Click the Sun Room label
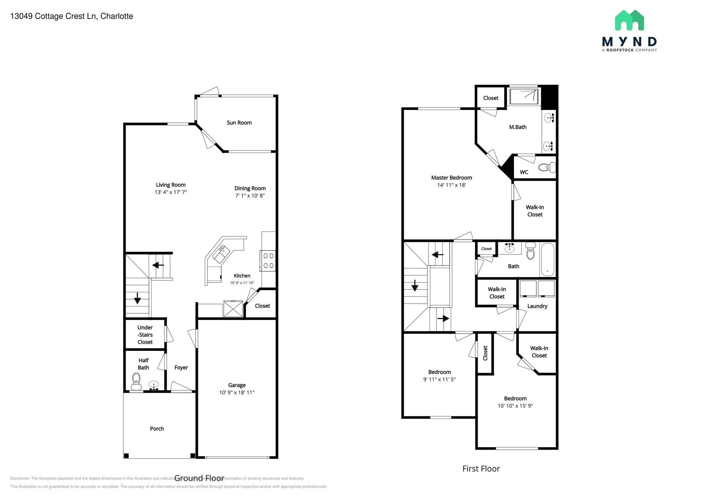[239, 123]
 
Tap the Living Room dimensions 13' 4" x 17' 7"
[171, 192]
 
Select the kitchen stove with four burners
[268, 261]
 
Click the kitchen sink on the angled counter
[221, 253]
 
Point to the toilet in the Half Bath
[136, 382]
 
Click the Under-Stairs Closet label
[145, 335]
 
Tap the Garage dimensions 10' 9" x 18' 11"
[237, 392]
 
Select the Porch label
[157, 429]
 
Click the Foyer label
[181, 367]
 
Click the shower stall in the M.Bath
[524, 96]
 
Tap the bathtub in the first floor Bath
[547, 259]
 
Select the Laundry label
[537, 306]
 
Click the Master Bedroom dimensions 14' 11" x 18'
[451, 185]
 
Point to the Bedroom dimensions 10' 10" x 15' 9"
[515, 406]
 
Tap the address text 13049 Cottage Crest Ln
[71, 16]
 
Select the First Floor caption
[481, 469]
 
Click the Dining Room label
[250, 188]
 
